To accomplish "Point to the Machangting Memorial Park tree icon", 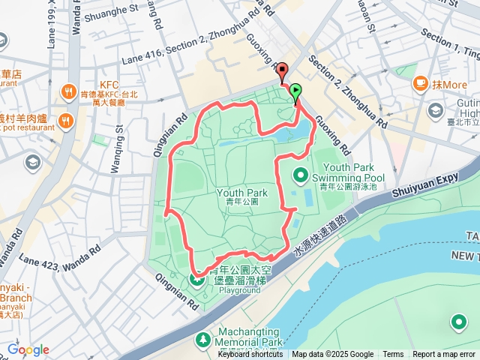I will [x=203, y=340].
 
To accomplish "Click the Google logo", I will [x=28, y=349].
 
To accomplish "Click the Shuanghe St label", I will [x=112, y=14].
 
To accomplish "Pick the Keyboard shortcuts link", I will [x=250, y=355].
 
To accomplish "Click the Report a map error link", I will [x=444, y=355].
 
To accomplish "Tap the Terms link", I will [x=393, y=355].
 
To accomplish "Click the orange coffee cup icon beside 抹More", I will [x=419, y=83].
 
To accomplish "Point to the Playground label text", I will [x=239, y=289].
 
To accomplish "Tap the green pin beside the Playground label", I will [x=197, y=280].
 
